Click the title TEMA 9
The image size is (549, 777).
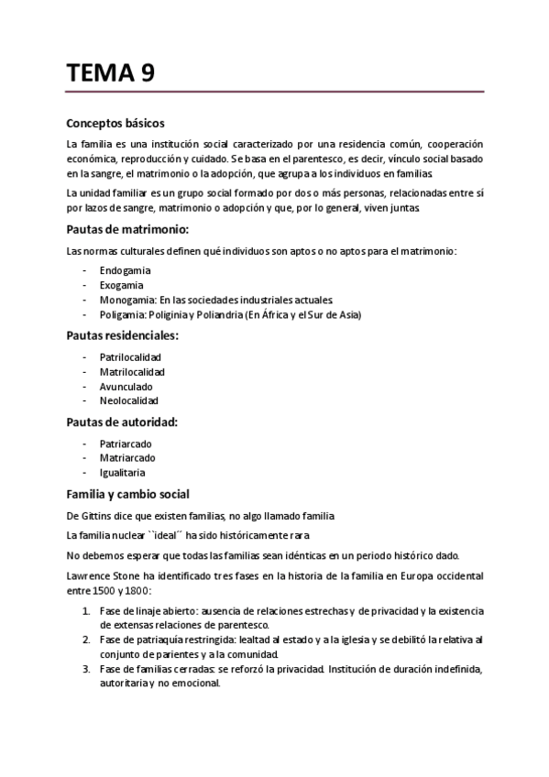110,73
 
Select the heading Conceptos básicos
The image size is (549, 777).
115,124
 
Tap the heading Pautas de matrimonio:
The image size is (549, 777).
127,229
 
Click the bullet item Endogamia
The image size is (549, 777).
126,271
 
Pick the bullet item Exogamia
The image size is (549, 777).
123,286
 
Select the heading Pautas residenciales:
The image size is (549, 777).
123,335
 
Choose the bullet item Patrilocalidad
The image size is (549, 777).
131,357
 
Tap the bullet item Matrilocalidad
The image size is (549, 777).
132,372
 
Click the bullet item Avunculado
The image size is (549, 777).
126,387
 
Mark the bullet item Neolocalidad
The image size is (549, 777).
129,401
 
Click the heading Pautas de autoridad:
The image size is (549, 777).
122,421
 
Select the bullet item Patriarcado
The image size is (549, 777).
126,443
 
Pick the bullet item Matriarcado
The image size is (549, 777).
127,458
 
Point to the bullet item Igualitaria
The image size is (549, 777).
123,473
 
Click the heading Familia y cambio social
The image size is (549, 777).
128,494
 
